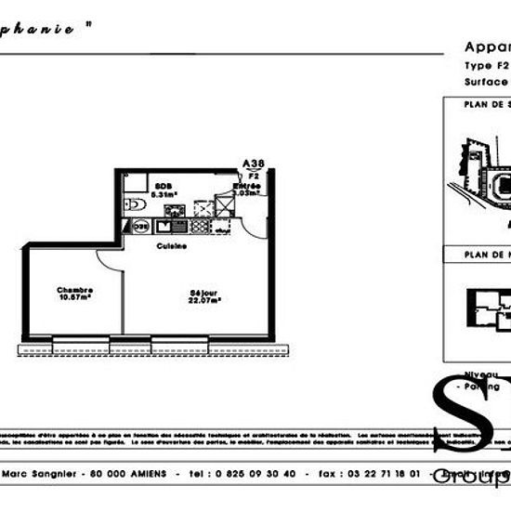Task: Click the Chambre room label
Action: tap(74, 289)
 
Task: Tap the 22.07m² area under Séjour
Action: tap(204, 299)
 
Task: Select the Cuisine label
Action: tap(172, 246)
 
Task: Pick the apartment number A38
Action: tap(252, 164)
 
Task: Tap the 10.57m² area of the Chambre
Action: tap(74, 297)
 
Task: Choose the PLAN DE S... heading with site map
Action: tap(487, 104)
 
